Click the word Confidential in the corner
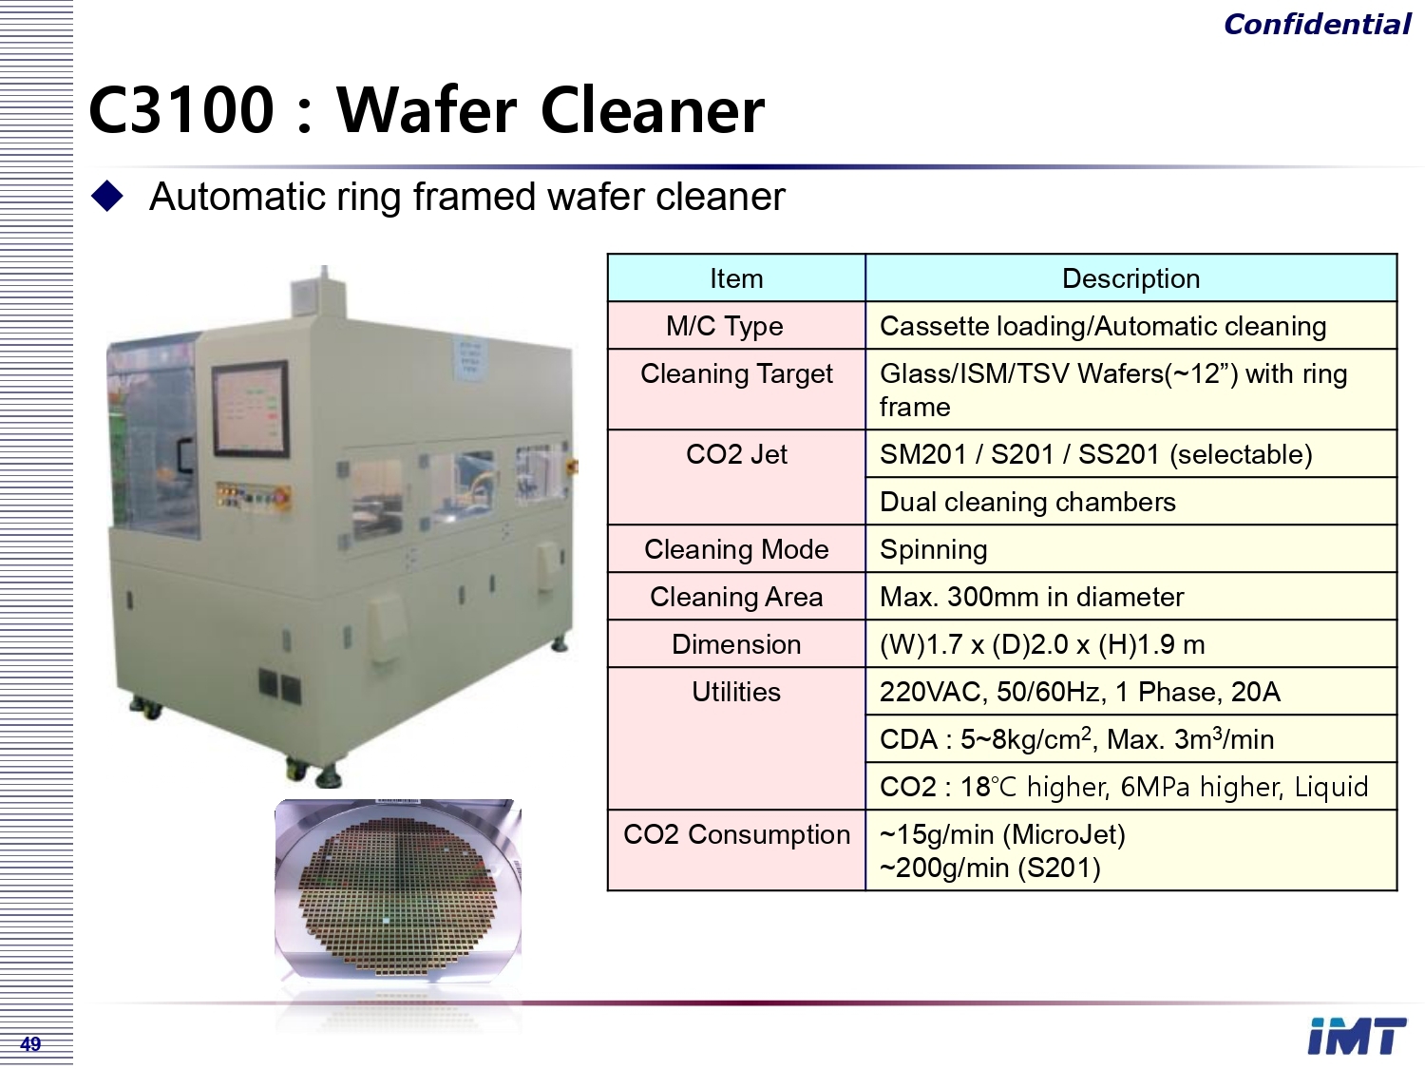click(x=1317, y=25)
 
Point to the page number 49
click(x=30, y=1043)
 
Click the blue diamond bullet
click(x=107, y=196)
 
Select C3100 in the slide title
click(x=181, y=109)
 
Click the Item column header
click(x=736, y=278)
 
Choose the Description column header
click(x=1130, y=278)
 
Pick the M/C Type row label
click(x=725, y=326)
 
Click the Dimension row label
click(x=736, y=644)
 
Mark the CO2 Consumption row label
click(x=736, y=834)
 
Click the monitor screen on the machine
click(x=251, y=408)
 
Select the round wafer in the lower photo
click(x=398, y=888)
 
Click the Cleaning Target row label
click(x=736, y=373)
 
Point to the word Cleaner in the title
click(x=653, y=109)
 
